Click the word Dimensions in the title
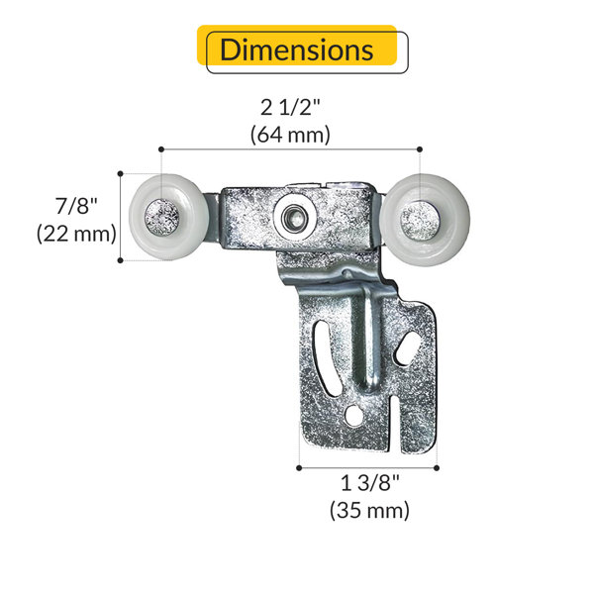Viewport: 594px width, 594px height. point(296,49)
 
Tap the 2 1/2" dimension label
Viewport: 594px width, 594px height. point(290,108)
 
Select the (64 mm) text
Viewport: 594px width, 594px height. point(290,135)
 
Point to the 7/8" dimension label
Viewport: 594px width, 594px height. point(76,206)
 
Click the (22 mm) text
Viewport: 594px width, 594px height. point(76,233)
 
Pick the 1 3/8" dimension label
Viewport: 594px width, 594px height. point(369,483)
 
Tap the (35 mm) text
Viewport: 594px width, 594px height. point(369,510)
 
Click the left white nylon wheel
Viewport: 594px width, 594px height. point(168,217)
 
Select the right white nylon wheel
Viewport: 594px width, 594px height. point(425,220)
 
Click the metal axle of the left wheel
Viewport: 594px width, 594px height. point(162,218)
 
